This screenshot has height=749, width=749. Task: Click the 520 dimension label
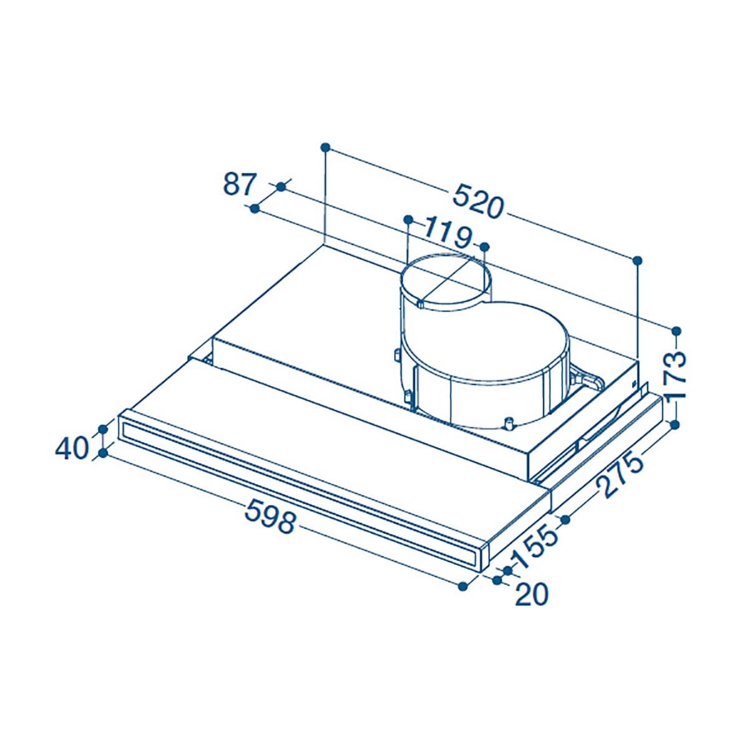click(479, 201)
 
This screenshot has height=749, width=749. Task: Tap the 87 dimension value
click(240, 184)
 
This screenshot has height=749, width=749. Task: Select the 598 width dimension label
click(270, 516)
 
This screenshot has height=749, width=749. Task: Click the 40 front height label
click(72, 449)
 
